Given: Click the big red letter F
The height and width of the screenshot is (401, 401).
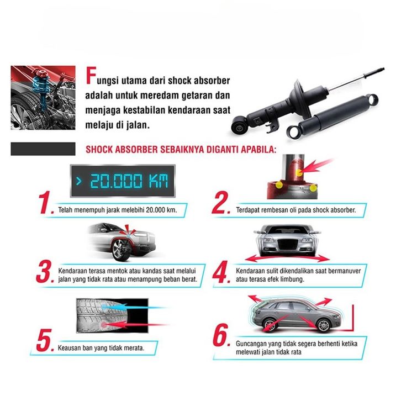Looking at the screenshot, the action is tap(91, 76).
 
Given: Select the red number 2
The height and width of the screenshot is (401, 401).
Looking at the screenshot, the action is tap(220, 203).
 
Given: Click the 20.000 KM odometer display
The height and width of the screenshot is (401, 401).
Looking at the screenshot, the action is tap(123, 181).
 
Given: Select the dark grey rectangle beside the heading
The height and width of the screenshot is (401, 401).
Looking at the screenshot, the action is tap(43, 149).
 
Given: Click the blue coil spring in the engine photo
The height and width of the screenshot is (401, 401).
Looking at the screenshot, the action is tap(41, 86).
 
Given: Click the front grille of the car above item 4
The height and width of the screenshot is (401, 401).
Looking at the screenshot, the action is tap(287, 244).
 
